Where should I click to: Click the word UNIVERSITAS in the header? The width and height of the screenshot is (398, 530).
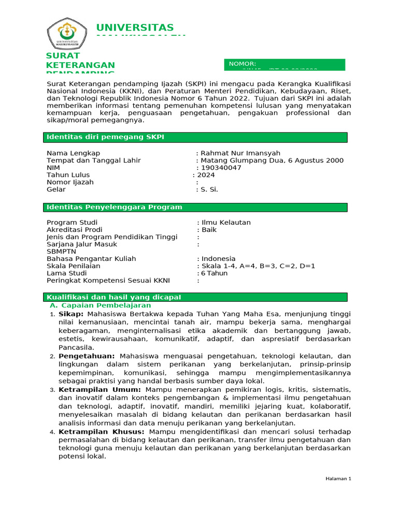click(135, 27)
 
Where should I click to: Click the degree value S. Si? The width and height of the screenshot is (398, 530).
click(209, 189)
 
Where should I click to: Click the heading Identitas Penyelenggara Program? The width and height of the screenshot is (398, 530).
click(115, 207)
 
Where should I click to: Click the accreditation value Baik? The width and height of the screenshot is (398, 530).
click(209, 230)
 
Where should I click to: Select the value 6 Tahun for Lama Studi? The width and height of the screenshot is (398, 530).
click(215, 273)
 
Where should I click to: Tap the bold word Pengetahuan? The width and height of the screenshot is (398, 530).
click(87, 356)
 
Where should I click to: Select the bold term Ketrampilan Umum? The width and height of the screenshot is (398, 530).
click(99, 389)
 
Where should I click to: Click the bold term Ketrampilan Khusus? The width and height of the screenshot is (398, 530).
click(103, 432)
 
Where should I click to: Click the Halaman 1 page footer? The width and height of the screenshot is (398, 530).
click(338, 479)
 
